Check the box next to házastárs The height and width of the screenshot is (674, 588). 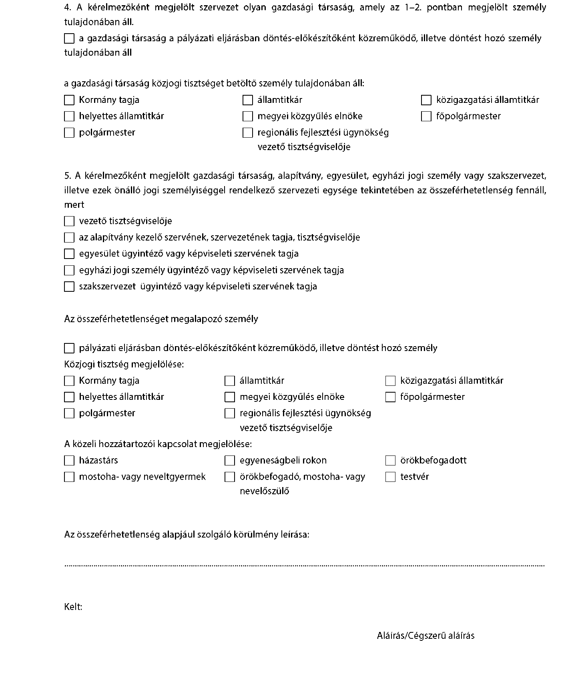(x=69, y=461)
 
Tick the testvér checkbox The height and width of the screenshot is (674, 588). (x=390, y=477)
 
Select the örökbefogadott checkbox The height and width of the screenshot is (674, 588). (x=390, y=461)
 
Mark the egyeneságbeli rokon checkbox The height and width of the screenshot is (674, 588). (x=230, y=461)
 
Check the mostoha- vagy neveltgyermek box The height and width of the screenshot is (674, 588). (x=69, y=477)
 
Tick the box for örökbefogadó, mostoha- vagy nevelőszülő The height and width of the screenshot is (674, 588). (x=230, y=477)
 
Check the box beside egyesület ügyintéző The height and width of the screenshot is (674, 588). (x=69, y=254)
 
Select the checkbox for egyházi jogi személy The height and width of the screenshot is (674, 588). (x=69, y=271)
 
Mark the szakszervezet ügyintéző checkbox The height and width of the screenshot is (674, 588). (x=69, y=287)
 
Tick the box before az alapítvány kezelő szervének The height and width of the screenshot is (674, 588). (x=69, y=238)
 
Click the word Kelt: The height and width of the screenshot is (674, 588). (x=73, y=607)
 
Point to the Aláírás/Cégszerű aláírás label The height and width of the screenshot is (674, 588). (x=425, y=636)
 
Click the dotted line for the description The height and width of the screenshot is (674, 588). (x=304, y=566)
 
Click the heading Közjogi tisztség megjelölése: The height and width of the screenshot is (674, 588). (x=124, y=365)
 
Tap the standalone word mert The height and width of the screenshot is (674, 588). (x=74, y=205)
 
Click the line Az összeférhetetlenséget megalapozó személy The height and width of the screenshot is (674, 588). (x=161, y=319)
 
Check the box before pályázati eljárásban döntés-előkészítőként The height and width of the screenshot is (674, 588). (x=69, y=348)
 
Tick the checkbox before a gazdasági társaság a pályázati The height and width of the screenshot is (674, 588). (x=69, y=38)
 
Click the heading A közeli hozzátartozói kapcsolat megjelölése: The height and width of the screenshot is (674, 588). (x=158, y=444)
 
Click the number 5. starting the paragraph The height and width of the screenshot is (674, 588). (x=67, y=176)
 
